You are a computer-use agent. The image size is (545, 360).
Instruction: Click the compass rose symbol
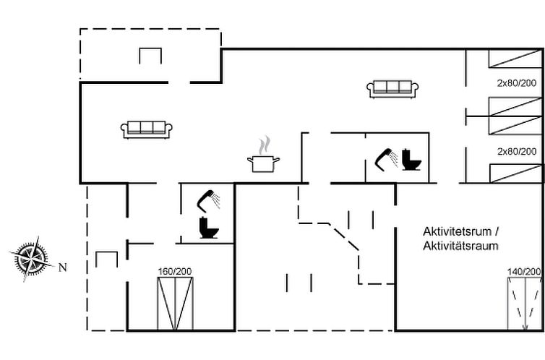[x=32, y=259]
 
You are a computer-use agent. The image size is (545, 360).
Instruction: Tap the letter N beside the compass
[x=63, y=267]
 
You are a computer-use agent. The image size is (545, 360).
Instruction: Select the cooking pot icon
[x=263, y=163]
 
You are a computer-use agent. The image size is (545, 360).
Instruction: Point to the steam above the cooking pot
[x=264, y=145]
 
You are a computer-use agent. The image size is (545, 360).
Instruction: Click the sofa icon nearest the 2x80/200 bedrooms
[x=392, y=89]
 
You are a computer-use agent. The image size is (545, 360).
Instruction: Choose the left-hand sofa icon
[x=146, y=129]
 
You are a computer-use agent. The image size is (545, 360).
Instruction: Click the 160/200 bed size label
[x=175, y=271]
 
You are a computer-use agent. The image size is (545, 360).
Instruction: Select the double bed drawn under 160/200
[x=175, y=304]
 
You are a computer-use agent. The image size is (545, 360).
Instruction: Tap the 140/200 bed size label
[x=525, y=271]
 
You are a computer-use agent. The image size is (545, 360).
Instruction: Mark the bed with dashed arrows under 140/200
[x=525, y=304]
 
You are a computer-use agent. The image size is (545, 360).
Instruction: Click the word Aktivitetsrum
[x=457, y=231]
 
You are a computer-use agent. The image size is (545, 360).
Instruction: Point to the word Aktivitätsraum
[x=460, y=246]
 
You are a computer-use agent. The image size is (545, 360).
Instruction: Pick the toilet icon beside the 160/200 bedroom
[x=209, y=228]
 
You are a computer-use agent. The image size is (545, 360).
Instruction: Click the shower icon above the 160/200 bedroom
[x=208, y=200]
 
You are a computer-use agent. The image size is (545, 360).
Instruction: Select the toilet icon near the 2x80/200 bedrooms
[x=411, y=160]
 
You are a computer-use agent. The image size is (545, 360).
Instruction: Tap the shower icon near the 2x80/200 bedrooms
[x=387, y=160]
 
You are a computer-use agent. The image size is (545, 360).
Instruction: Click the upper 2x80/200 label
[x=517, y=83]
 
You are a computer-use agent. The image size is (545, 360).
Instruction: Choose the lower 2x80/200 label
[x=517, y=152]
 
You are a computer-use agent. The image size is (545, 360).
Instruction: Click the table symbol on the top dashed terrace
[x=150, y=56]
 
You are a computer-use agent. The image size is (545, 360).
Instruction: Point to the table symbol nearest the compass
[x=107, y=260]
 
